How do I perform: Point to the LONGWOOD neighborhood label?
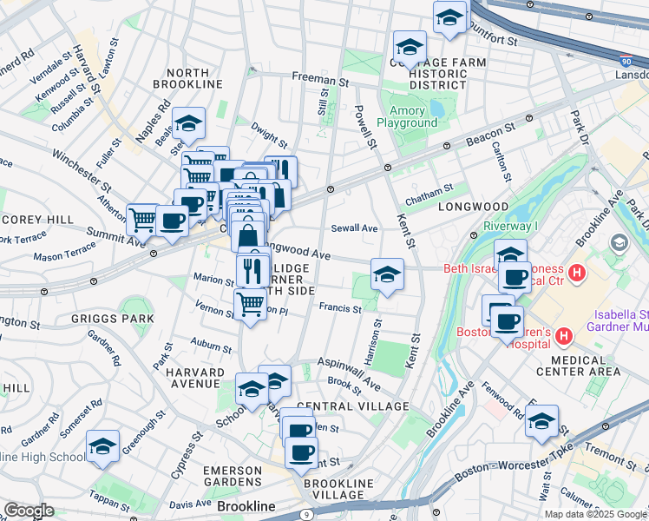pyautogui.click(x=472, y=208)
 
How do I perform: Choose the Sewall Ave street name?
pyautogui.click(x=355, y=228)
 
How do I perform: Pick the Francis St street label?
pyautogui.click(x=339, y=308)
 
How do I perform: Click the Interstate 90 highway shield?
pyautogui.click(x=627, y=62)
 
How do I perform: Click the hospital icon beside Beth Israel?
pyautogui.click(x=578, y=274)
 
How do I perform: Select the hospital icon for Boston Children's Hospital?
pyautogui.click(x=563, y=335)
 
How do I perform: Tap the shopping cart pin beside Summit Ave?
pyautogui.click(x=142, y=218)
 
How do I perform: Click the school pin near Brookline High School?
pyautogui.click(x=102, y=446)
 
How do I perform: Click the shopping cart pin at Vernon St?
pyautogui.click(x=250, y=303)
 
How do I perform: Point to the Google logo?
pyautogui.click(x=29, y=511)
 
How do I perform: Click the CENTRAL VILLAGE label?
pyautogui.click(x=352, y=406)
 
